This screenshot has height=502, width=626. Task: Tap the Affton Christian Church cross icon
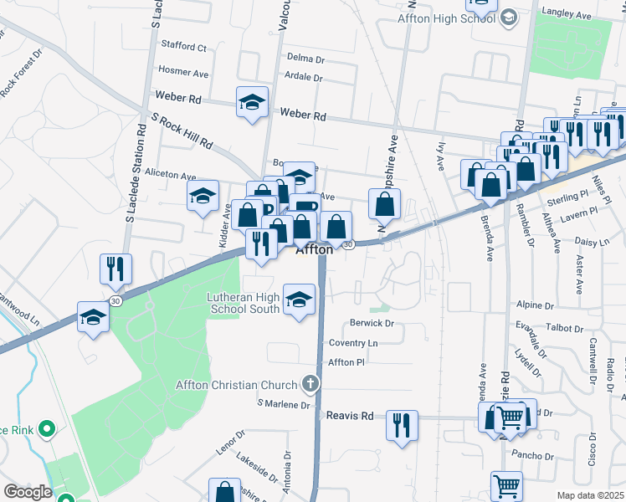[x=310, y=385]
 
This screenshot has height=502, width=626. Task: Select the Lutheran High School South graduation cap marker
[x=299, y=301]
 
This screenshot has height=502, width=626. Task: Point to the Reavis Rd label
[x=349, y=415]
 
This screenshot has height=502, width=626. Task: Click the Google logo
[x=27, y=492]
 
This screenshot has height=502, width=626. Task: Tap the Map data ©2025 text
[x=590, y=495]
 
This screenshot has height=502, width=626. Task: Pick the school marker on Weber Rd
[x=253, y=103]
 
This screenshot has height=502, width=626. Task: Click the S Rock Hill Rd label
[x=182, y=131]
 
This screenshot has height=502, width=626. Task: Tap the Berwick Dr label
[x=372, y=323]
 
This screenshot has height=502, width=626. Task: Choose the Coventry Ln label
[x=353, y=343]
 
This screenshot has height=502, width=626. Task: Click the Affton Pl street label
[x=347, y=362]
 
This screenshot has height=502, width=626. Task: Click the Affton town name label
[x=315, y=249]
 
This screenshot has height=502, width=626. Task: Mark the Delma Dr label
[x=305, y=59]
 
